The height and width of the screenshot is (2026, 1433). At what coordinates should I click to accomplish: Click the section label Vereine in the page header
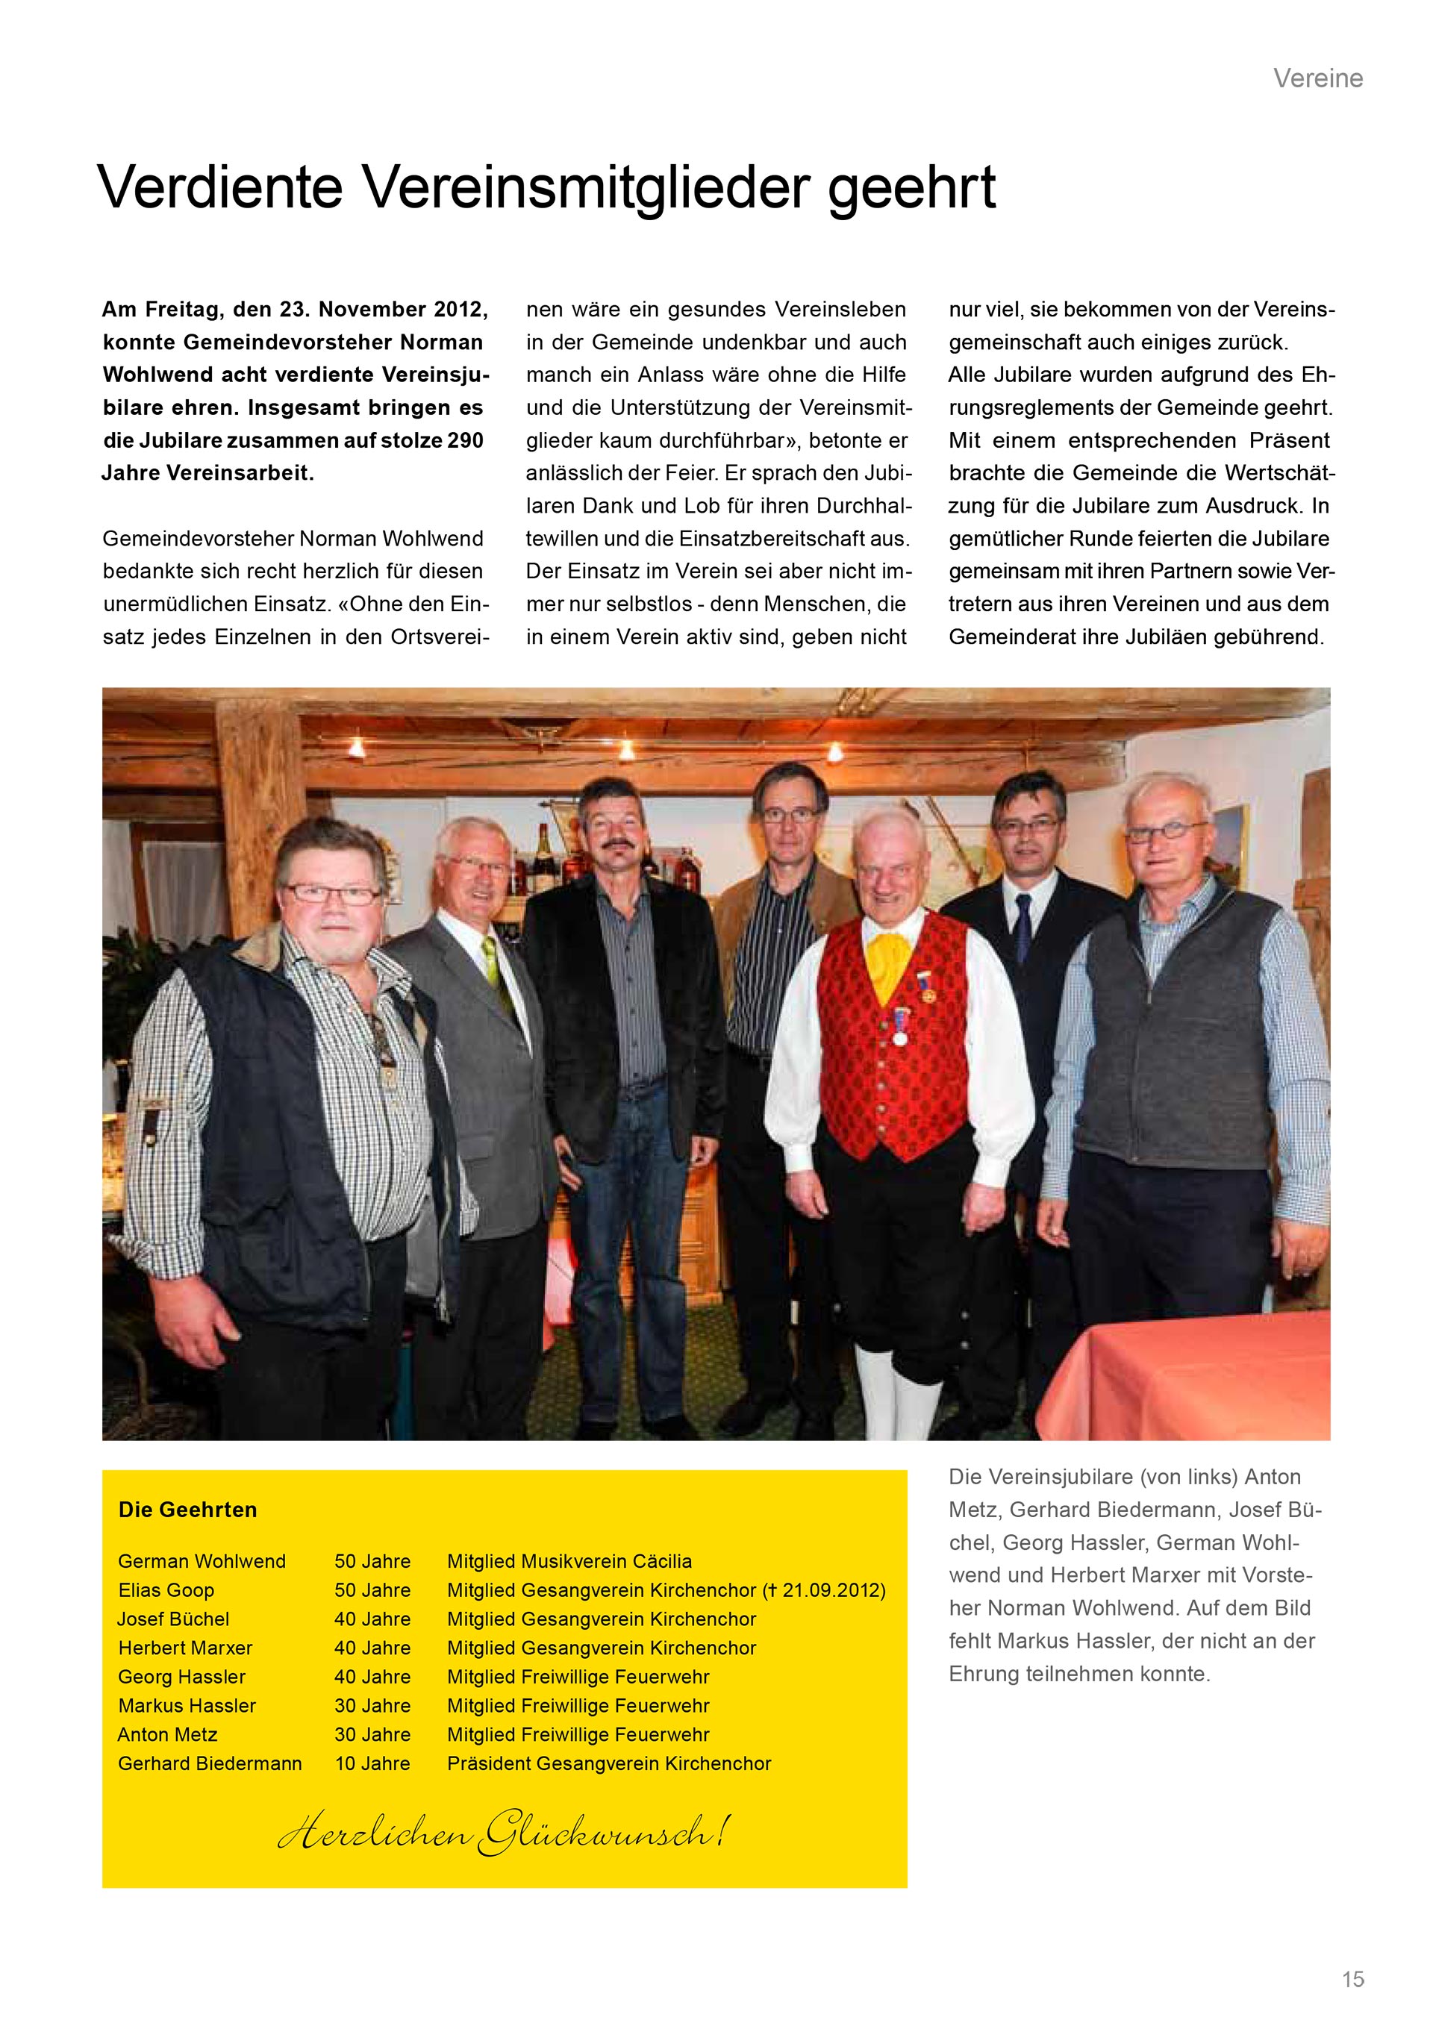[1317, 78]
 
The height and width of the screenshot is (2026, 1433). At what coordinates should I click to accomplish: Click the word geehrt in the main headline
[911, 190]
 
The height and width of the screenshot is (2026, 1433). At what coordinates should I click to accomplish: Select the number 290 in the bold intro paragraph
[464, 440]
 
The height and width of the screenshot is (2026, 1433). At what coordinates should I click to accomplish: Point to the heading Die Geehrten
[188, 1510]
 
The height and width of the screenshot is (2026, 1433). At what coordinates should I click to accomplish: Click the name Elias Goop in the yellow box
[166, 1590]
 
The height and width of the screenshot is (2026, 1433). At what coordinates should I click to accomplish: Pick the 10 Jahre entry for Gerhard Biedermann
[372, 1763]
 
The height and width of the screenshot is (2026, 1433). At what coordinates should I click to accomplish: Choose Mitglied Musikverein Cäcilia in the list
[569, 1561]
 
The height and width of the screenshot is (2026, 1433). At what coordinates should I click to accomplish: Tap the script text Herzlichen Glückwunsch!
[503, 1833]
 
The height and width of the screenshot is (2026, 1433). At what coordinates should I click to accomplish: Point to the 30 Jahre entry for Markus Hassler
[372, 1706]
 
